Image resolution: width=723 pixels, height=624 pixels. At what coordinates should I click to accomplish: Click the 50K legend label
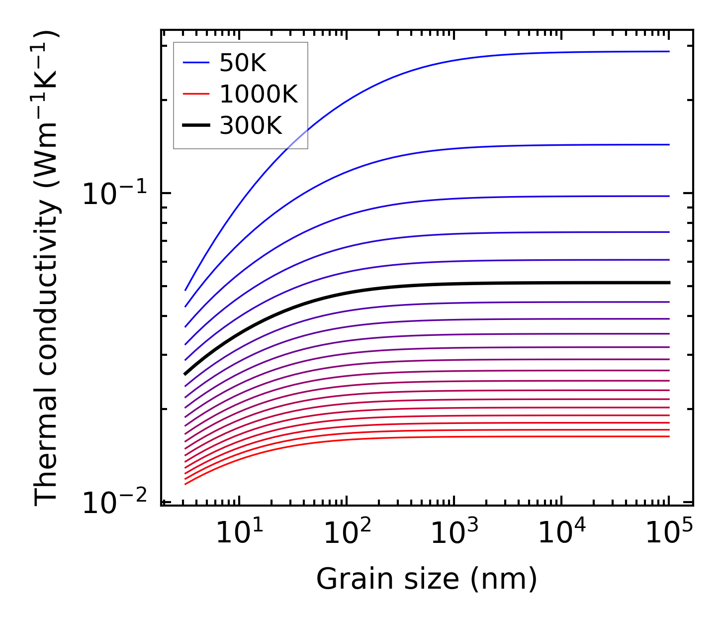(x=243, y=63)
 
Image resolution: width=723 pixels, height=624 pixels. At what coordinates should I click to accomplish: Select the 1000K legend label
(x=259, y=94)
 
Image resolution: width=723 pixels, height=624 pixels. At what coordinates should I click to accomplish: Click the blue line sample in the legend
(x=196, y=63)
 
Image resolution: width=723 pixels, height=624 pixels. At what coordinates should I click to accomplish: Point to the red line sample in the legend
(x=196, y=94)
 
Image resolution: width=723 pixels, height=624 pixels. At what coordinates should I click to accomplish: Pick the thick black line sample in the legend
(x=196, y=125)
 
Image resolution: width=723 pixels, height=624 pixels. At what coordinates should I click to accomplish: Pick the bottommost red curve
(x=398, y=437)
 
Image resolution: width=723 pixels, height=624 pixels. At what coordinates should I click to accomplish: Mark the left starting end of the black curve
(x=185, y=374)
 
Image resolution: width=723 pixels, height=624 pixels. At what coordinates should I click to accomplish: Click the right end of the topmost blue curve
(x=668, y=51)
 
